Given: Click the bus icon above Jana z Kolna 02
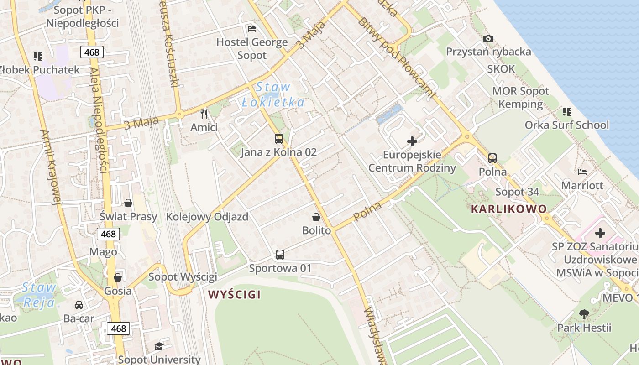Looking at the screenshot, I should click(x=278, y=139).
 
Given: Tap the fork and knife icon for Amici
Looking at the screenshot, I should click(x=204, y=114).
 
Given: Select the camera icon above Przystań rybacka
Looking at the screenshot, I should click(x=488, y=38).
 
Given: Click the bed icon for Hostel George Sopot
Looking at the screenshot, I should click(x=252, y=29).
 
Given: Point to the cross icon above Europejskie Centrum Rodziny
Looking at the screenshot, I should click(x=412, y=141).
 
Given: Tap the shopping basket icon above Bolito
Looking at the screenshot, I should click(x=316, y=217).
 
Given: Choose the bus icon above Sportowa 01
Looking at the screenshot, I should click(x=280, y=255).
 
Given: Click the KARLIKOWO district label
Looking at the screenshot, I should click(x=508, y=209).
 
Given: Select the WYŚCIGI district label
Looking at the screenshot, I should click(x=234, y=295).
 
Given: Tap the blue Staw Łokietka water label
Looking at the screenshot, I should click(x=273, y=94).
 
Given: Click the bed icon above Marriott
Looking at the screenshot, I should click(x=582, y=172).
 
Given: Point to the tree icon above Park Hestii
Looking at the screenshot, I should click(x=584, y=314).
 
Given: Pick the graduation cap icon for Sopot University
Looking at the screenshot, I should click(x=158, y=347).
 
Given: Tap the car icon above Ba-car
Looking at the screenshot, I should click(x=79, y=305).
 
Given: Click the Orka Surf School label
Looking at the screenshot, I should click(x=566, y=125).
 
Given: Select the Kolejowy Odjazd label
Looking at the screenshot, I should click(x=207, y=217).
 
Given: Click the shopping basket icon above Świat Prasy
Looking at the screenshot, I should click(x=128, y=203).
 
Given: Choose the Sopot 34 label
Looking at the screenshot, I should click(x=517, y=192).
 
